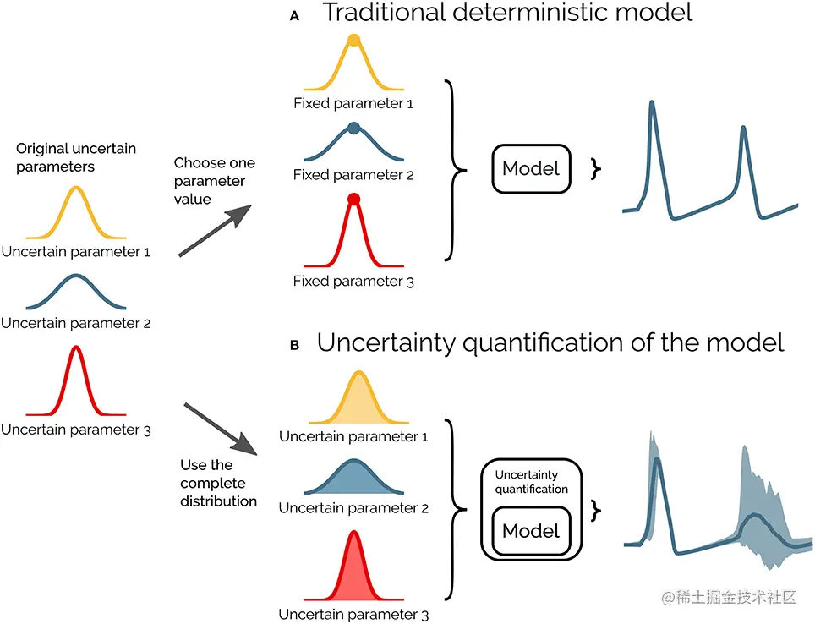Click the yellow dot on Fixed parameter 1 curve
click(354, 40)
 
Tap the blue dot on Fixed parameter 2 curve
click(354, 129)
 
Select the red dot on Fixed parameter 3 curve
click(354, 200)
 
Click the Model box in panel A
click(531, 168)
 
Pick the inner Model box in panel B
click(531, 530)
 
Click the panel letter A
click(294, 15)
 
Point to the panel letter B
click(294, 346)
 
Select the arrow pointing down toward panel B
click(218, 429)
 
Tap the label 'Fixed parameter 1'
click(353, 104)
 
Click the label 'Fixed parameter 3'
click(353, 281)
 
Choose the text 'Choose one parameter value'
click(214, 181)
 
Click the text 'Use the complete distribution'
click(218, 483)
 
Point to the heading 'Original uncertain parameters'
click(76, 157)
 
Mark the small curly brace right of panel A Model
click(597, 168)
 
